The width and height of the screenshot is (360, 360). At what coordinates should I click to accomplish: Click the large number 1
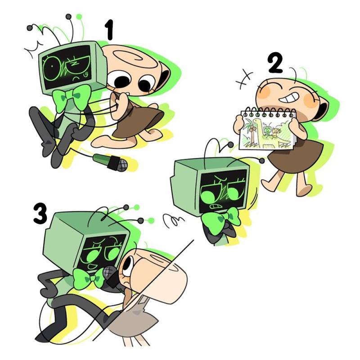click(109, 29)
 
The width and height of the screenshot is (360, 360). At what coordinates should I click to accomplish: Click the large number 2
click(275, 63)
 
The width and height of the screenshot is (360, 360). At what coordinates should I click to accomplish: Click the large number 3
click(40, 214)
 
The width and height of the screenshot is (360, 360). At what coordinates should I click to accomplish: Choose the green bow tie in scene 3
click(89, 278)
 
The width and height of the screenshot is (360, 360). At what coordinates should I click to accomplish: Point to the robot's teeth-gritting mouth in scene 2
click(215, 206)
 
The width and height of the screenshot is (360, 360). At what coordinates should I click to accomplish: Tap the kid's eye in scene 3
click(128, 264)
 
